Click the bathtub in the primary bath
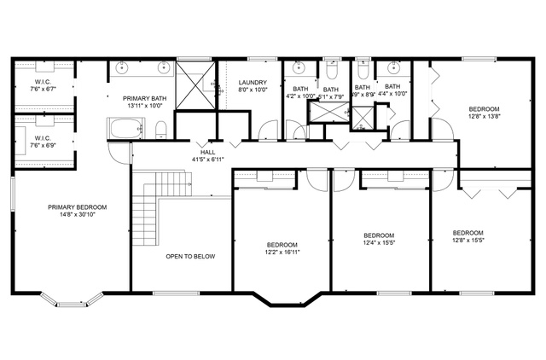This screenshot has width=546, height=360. (125, 130)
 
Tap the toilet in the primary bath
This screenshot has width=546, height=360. (160, 129)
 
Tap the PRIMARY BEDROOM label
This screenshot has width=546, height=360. (77, 207)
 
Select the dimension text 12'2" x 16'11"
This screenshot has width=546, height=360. (281, 252)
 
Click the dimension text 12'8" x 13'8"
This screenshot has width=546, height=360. (488, 116)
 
